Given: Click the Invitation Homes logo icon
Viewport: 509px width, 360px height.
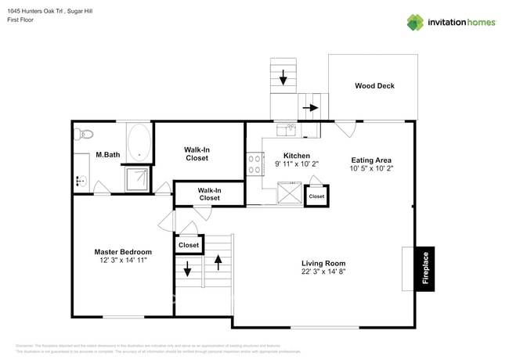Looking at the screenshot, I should click(415, 22).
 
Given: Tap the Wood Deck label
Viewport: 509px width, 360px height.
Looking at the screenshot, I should click(374, 86).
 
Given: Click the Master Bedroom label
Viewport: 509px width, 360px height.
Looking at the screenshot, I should click(122, 251).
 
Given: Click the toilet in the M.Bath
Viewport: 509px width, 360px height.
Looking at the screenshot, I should click(85, 134).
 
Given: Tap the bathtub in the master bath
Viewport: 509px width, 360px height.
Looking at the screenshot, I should click(139, 142).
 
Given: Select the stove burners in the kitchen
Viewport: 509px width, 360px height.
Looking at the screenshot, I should click(255, 164).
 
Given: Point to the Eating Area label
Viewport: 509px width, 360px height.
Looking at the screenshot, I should click(370, 160).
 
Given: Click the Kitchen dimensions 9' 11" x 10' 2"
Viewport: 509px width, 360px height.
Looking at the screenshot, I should click(296, 165).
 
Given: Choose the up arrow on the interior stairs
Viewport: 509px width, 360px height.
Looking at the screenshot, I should click(218, 261).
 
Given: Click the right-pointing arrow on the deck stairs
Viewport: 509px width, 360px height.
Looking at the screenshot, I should click(311, 108).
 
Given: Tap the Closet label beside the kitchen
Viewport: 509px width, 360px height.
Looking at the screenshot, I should click(316, 196).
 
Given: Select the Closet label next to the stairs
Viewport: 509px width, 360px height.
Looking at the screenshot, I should click(189, 245).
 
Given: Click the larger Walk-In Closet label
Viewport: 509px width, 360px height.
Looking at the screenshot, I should click(197, 153).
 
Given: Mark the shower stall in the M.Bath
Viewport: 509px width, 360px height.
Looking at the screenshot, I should click(139, 178).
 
